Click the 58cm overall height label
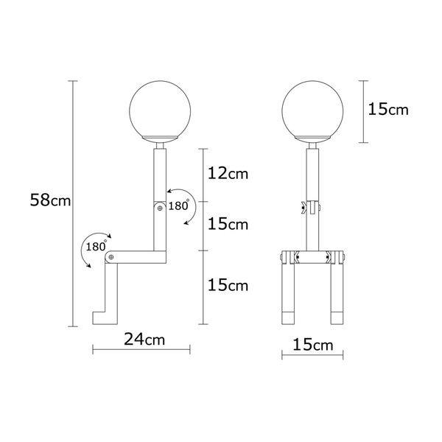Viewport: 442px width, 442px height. tap(50, 200)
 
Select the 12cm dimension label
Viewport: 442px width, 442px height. tap(229, 175)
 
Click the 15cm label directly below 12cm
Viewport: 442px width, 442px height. tap(229, 224)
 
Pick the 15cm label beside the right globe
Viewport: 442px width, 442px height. tap(387, 110)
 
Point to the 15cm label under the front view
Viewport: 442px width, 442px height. tap(312, 345)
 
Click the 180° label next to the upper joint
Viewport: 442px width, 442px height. tap(179, 206)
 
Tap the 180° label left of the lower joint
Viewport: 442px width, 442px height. tap(96, 246)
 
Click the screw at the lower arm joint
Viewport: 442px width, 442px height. tap(110, 257)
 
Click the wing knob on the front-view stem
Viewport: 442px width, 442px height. tap(304, 208)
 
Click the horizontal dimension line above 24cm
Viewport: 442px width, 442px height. tap(141, 349)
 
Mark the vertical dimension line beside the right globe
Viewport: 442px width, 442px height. tap(362, 110)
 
